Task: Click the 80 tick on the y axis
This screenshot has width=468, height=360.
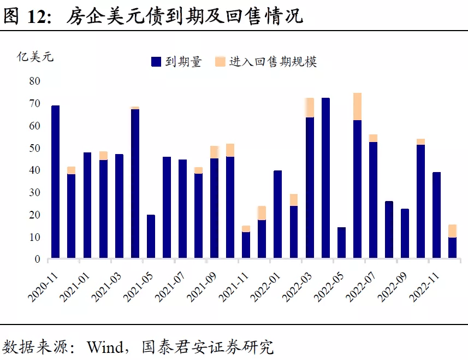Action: (x=34, y=81)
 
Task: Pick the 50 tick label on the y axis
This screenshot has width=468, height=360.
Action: (x=34, y=148)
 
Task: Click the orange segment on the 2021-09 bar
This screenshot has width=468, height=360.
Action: (x=215, y=152)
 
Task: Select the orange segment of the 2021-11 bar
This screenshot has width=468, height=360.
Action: (x=246, y=228)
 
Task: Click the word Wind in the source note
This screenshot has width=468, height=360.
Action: (x=106, y=346)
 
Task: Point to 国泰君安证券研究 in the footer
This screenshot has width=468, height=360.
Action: (x=207, y=346)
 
